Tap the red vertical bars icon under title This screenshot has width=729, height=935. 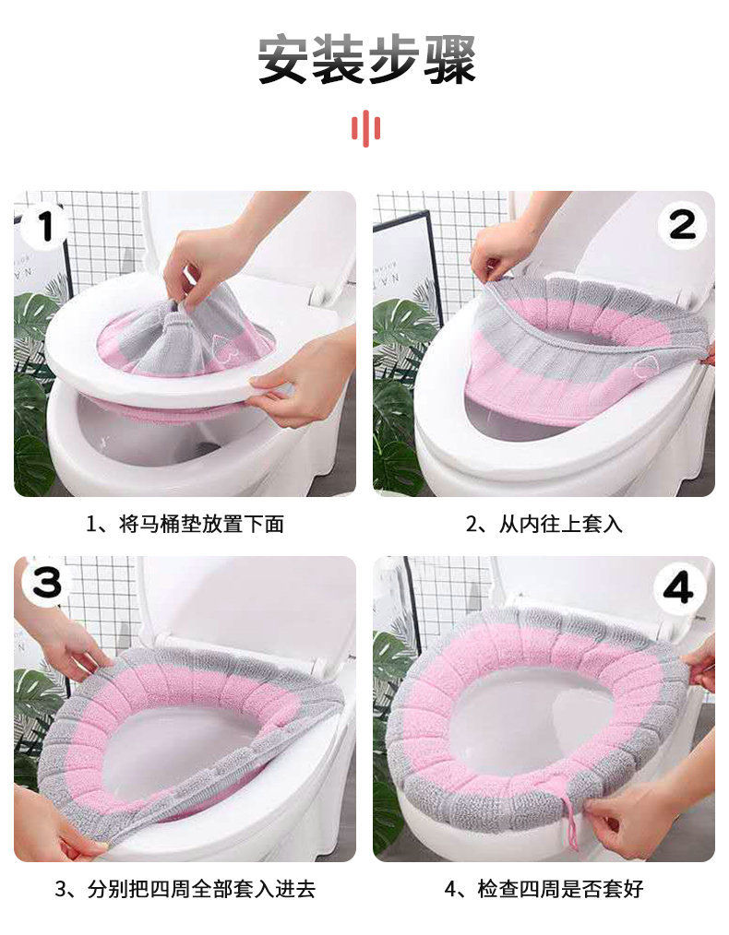(x=365, y=128)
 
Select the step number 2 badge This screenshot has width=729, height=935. (x=683, y=224)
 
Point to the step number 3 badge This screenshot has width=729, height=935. (x=46, y=583)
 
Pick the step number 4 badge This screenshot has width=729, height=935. (x=679, y=587)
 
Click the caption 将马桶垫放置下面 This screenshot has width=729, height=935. (x=185, y=525)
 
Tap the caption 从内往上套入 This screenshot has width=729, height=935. (x=544, y=525)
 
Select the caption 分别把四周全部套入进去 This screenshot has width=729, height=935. (x=185, y=890)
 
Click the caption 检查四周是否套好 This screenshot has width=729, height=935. (x=544, y=890)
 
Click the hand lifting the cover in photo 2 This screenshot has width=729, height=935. (x=503, y=249)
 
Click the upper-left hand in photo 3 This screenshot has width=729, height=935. (x=69, y=645)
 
